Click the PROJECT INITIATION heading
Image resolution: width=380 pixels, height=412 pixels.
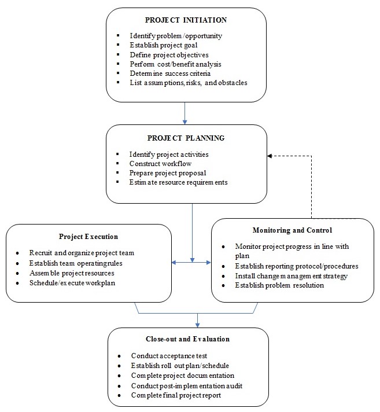[x=186, y=20]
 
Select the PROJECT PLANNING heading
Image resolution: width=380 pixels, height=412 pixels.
[x=186, y=138]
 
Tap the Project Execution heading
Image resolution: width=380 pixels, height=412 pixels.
[x=88, y=237]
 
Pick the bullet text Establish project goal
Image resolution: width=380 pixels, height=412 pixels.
[x=164, y=45]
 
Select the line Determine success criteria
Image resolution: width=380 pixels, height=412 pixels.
[x=170, y=73]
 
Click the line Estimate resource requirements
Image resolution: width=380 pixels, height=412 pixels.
[x=178, y=182]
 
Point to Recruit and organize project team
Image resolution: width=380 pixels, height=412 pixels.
[x=82, y=253]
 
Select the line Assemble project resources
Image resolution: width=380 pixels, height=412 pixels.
[x=72, y=273]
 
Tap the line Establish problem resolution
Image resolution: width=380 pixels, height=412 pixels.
[x=279, y=285]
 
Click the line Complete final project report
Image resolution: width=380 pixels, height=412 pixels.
[x=175, y=395]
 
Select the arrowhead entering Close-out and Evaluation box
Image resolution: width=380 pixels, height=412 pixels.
[x=197, y=325]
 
